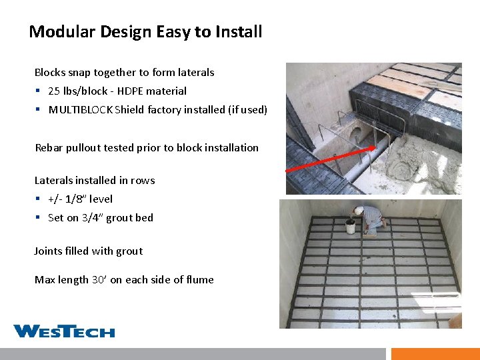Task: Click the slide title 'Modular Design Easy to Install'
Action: coord(145,31)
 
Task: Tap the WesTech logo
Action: coord(64,331)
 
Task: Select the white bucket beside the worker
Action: coord(350,227)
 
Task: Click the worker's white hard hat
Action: coord(359,210)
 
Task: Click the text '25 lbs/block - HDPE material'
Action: coord(117,91)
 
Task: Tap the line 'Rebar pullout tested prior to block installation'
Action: coord(147,147)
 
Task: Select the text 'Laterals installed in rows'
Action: coord(95,180)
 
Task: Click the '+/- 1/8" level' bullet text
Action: coord(80,199)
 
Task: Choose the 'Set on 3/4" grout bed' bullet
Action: coord(101,217)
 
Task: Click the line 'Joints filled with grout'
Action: coord(89,251)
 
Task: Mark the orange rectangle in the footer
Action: coord(435,353)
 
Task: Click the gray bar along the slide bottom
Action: coord(193,353)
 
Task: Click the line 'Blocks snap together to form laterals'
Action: coord(125,72)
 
